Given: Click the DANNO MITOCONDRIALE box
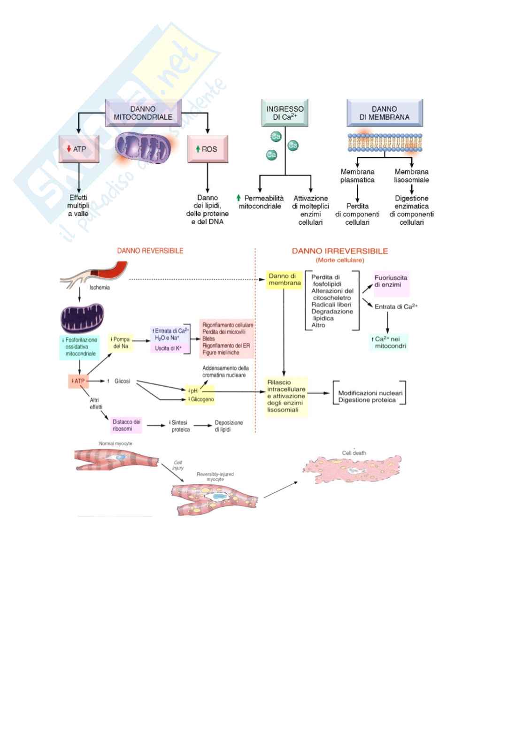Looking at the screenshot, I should pyautogui.click(x=143, y=113).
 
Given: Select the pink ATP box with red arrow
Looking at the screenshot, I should pyautogui.click(x=79, y=149).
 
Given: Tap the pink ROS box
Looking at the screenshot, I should pyautogui.click(x=208, y=149).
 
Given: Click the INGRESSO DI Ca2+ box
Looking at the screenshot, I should pyautogui.click(x=285, y=113).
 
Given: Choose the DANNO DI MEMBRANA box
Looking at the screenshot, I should pyautogui.click(x=385, y=113).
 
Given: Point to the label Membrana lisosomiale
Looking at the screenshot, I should pyautogui.click(x=411, y=176).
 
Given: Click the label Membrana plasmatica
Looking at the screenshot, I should pyautogui.click(x=357, y=176).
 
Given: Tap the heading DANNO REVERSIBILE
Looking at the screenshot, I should pyautogui.click(x=150, y=251).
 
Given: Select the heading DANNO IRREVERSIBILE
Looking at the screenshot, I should pyautogui.click(x=340, y=251).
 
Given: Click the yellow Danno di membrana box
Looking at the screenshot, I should pyautogui.click(x=285, y=280).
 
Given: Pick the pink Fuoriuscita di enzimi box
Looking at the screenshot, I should pyautogui.click(x=391, y=282).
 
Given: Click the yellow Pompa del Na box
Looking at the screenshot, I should pyautogui.click(x=121, y=343).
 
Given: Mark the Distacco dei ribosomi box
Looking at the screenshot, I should pyautogui.click(x=126, y=425).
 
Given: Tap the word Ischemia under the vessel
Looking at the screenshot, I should pyautogui.click(x=100, y=288).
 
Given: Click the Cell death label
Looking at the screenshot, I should pyautogui.click(x=354, y=453).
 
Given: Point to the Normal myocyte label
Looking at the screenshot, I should pyautogui.click(x=116, y=443).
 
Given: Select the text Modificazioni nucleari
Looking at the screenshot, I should pyautogui.click(x=370, y=393).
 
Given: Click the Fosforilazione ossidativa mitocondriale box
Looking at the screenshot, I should pyautogui.click(x=81, y=347).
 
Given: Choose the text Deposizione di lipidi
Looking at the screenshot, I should pyautogui.click(x=229, y=426).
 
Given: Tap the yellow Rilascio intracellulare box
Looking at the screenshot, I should pyautogui.click(x=286, y=396).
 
